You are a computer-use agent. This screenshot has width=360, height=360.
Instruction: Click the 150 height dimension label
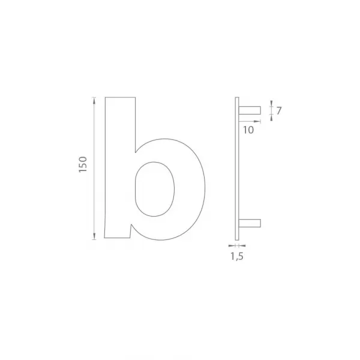[83, 164]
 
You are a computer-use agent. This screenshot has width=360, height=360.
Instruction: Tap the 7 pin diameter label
[279, 111]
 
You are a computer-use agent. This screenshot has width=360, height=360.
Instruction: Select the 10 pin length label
[248, 130]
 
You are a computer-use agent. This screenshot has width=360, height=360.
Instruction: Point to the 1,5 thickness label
[237, 256]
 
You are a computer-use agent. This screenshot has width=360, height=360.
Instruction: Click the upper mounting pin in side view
[250, 110]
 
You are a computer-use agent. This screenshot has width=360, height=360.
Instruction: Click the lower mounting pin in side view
[250, 223]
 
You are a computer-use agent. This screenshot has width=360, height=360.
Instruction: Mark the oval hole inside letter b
[155, 189]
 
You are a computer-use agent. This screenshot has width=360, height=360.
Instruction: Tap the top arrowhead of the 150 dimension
[94, 101]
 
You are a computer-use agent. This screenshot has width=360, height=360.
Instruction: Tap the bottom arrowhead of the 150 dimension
[94, 236]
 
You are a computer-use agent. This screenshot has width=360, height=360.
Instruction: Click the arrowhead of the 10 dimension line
[257, 121]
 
